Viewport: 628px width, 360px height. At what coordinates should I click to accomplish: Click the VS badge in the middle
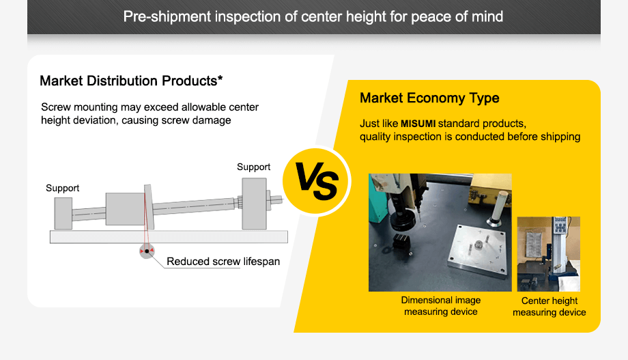coord(316,182)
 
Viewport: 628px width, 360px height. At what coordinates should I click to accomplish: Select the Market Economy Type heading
coord(429,98)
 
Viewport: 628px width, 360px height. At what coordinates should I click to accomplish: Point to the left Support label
coord(63,188)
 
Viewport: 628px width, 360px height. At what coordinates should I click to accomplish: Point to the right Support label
coord(253,167)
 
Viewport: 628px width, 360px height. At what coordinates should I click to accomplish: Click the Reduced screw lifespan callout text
coord(223,261)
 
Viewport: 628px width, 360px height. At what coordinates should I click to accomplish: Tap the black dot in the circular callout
coord(146,251)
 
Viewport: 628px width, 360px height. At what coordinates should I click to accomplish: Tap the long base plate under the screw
coord(168,236)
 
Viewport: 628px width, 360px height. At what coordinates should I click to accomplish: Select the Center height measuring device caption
coord(549,306)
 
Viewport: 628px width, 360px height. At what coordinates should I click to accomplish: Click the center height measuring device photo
coord(548,253)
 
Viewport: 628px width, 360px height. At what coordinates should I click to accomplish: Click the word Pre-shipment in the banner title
coord(167,16)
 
